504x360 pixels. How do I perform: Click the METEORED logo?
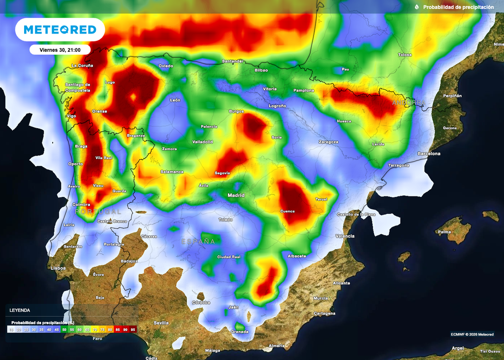click(60, 30)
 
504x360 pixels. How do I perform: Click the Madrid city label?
click(236, 196)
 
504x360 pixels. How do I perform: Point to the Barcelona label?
click(429, 154)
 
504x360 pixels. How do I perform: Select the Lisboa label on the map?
click(58, 268)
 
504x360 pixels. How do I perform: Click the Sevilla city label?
click(161, 323)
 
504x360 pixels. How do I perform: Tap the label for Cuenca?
click(287, 211)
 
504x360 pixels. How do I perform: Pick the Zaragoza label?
click(328, 142)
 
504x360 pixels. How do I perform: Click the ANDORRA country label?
click(409, 102)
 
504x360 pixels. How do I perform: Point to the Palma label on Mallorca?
click(444, 231)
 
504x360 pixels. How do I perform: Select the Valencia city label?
click(345, 236)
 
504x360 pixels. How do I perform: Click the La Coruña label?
click(83, 65)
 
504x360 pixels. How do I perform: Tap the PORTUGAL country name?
click(98, 211)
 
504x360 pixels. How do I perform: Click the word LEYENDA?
click(20, 310)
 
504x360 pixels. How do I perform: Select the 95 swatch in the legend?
click(133, 329)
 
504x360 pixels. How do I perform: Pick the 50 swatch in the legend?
click(64, 329)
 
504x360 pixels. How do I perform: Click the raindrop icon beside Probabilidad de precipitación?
click(417, 7)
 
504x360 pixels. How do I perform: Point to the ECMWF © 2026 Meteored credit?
click(472, 334)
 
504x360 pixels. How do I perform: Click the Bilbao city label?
click(261, 70)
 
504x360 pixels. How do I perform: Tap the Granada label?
click(240, 331)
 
